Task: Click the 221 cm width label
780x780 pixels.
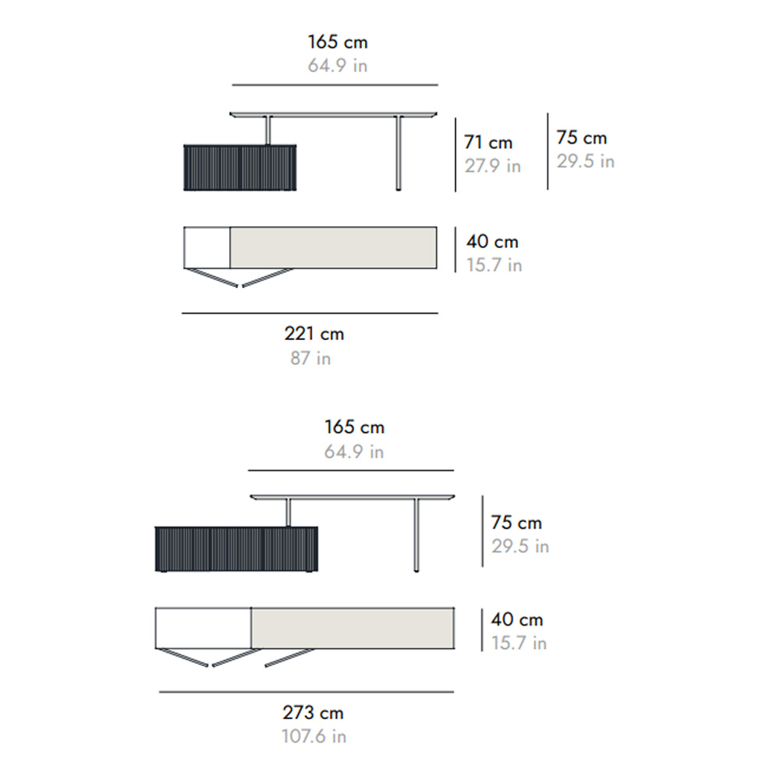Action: tap(314, 334)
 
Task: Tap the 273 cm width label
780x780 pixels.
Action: tap(313, 713)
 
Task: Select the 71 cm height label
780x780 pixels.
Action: tap(488, 142)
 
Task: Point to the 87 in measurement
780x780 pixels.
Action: tap(310, 358)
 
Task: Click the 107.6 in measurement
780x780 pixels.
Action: tap(314, 736)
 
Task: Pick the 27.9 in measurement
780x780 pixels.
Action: tap(492, 165)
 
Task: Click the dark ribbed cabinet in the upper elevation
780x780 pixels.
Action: tap(239, 168)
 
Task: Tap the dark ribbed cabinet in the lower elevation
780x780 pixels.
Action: tap(236, 549)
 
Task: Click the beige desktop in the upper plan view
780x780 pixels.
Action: tap(333, 248)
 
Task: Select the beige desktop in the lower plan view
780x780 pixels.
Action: tap(353, 628)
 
